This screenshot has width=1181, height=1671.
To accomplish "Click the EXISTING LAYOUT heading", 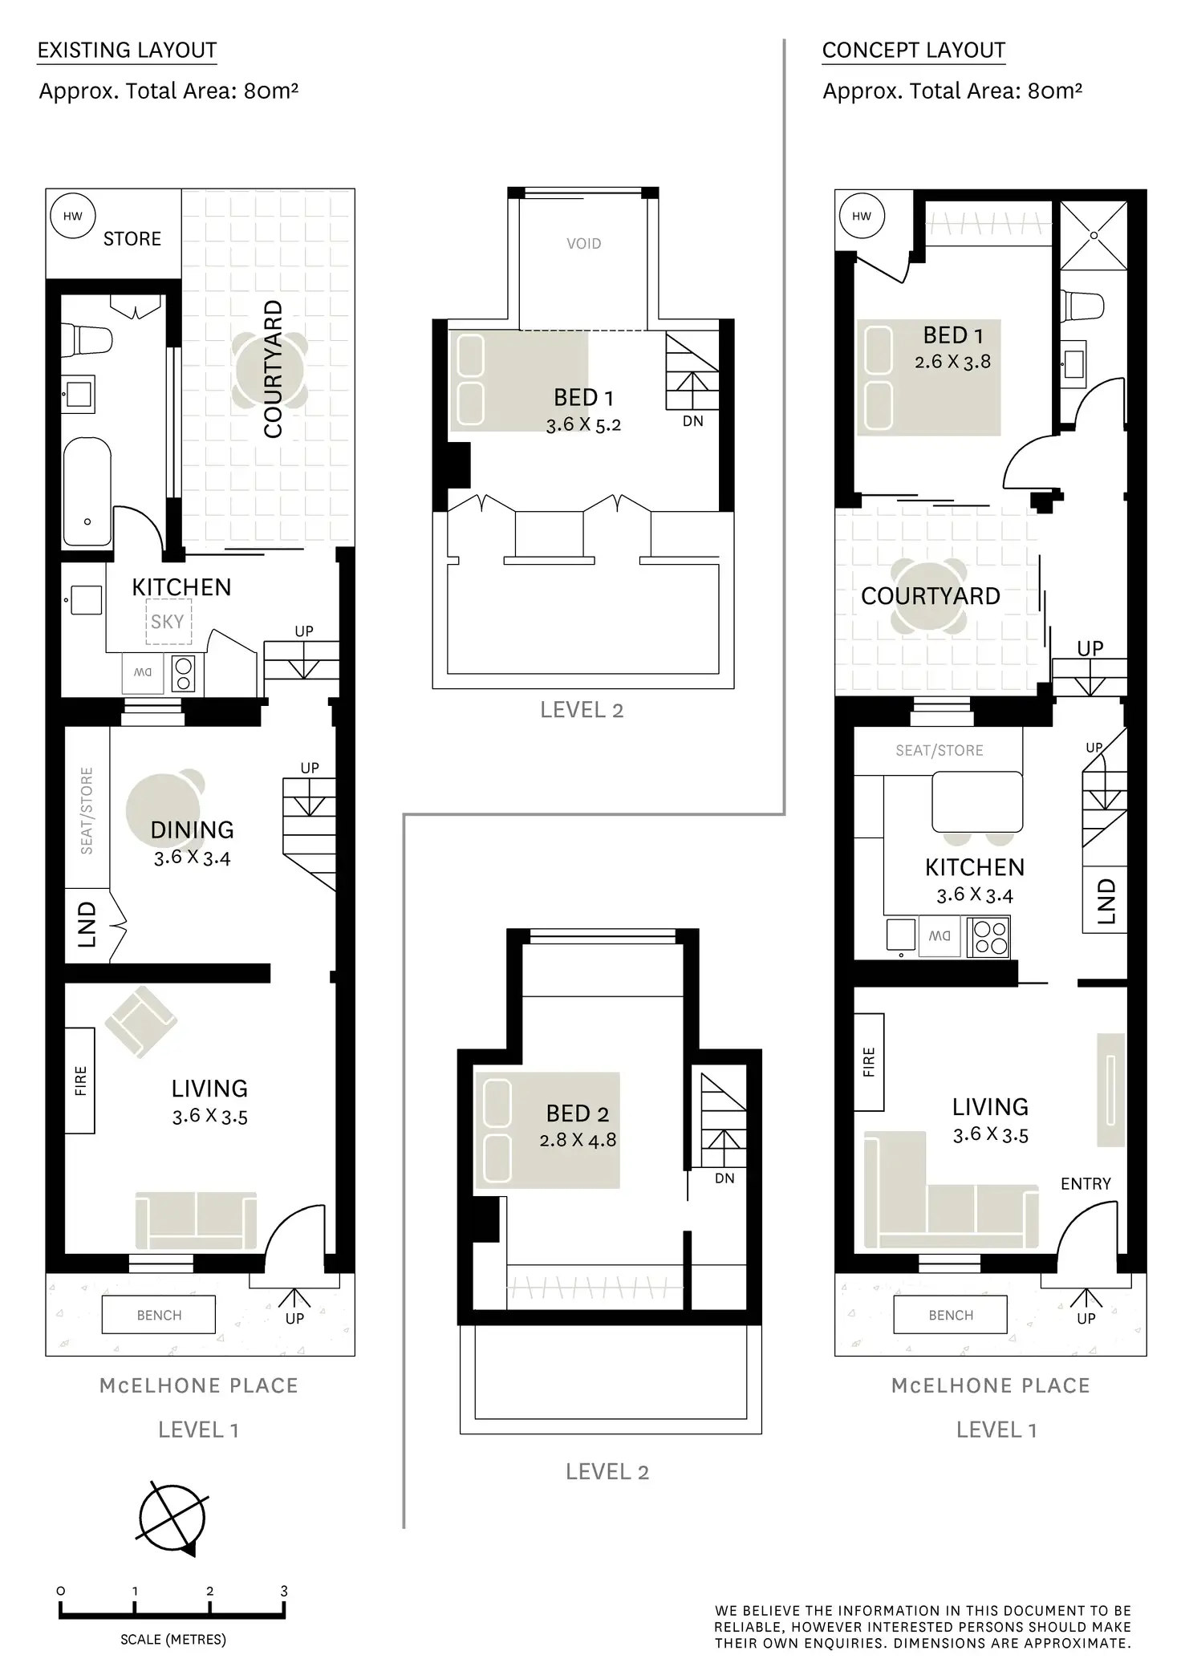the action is click(x=127, y=50).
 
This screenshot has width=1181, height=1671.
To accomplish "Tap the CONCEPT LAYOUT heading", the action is click(x=914, y=50).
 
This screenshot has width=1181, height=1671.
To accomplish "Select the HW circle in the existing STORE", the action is click(x=72, y=216).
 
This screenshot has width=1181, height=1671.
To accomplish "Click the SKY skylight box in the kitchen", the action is click(x=168, y=621).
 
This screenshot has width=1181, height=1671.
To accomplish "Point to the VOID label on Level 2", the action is click(x=583, y=244).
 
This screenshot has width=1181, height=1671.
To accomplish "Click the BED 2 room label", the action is click(x=578, y=1113).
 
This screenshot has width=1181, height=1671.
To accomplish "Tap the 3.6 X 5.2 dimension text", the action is click(x=583, y=424).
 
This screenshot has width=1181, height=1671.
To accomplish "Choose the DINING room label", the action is click(x=193, y=829).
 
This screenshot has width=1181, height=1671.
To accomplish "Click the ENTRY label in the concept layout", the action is click(x=1086, y=1183).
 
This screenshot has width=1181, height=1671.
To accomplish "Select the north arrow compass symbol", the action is click(x=172, y=1519).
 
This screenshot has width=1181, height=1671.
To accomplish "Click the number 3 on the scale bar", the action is click(x=284, y=1591).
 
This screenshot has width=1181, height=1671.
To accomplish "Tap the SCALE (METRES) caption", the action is click(x=173, y=1640).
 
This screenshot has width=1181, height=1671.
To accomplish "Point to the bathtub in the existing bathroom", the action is click(x=87, y=491).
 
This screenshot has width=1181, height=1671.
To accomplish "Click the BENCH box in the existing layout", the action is click(x=159, y=1315).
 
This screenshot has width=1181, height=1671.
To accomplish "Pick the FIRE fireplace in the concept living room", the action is click(x=869, y=1062).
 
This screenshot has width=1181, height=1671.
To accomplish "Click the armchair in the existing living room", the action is click(x=140, y=1020).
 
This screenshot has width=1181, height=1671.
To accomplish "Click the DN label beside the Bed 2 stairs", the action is click(x=724, y=1178).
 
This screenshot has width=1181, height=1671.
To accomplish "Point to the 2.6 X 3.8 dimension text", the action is click(x=952, y=362).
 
